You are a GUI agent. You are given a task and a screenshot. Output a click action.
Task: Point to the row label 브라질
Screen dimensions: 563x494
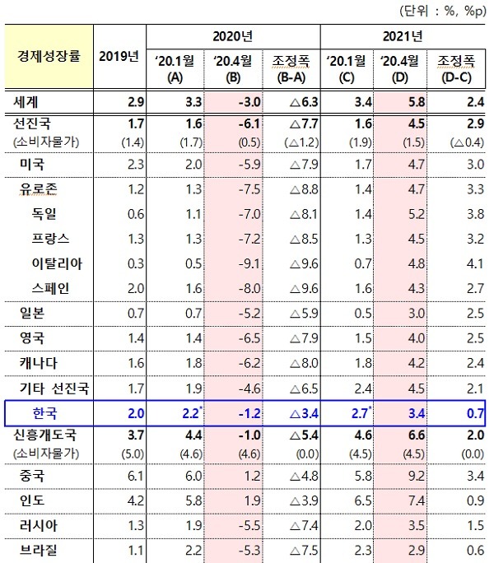[39, 549]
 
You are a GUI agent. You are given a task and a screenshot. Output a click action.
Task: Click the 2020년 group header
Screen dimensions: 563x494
[233, 36]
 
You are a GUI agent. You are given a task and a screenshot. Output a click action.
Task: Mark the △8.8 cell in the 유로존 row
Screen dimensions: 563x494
[290, 189]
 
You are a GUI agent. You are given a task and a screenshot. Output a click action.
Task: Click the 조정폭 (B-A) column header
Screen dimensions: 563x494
[291, 67]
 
